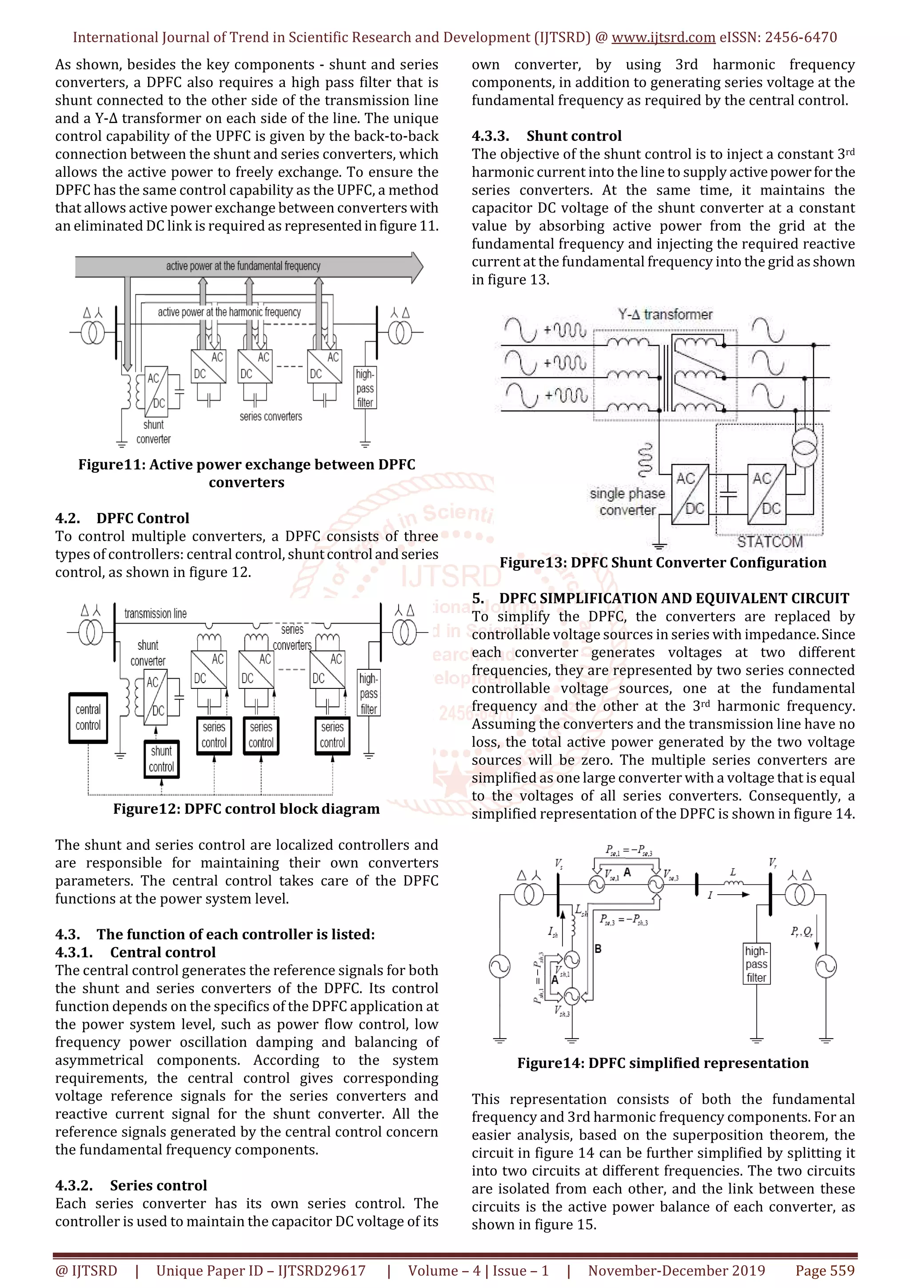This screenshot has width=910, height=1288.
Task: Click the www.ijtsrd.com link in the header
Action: point(663,38)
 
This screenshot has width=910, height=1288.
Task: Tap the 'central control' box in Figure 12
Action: point(88,717)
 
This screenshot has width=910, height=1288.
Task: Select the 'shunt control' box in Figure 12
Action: point(161,759)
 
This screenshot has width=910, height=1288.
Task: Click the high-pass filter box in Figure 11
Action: point(365,388)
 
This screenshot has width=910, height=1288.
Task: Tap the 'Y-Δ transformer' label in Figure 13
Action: point(665,314)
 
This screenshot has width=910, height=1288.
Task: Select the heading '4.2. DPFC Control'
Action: point(122,518)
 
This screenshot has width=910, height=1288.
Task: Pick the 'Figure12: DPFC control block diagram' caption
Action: point(246,808)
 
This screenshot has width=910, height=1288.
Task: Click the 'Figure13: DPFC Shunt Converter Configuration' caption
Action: point(663,562)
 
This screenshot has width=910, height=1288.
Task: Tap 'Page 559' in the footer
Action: point(824,1271)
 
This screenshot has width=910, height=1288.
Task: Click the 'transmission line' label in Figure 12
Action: point(156,613)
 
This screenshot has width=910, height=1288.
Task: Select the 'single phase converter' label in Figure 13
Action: point(627,501)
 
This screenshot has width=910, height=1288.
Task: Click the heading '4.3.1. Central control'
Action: point(135,952)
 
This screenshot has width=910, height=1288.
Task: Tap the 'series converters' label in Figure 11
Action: point(270,416)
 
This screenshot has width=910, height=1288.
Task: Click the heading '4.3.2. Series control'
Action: point(131,1185)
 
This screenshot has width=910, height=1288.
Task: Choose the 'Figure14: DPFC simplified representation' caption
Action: point(663,1063)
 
